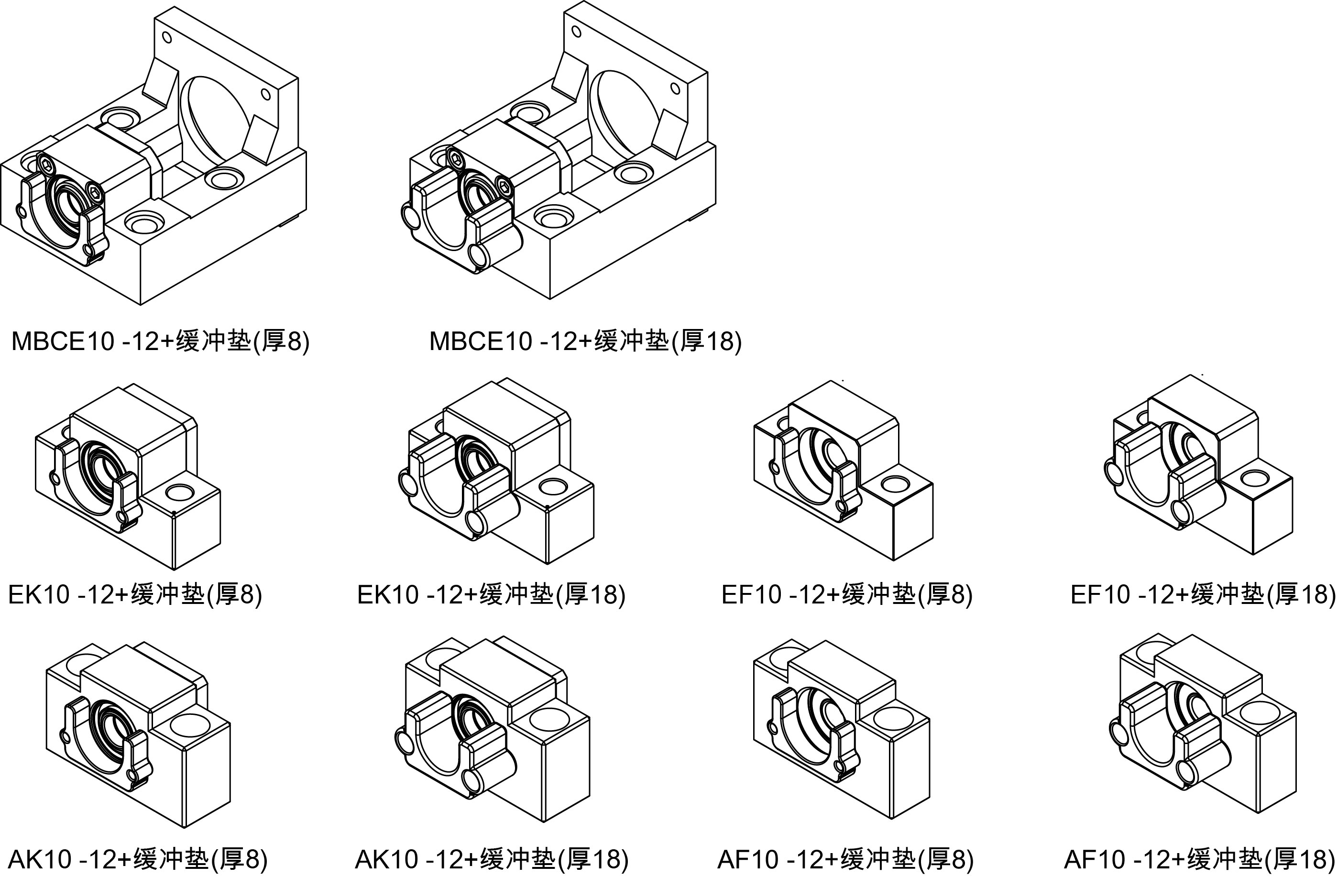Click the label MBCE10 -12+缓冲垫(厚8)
coord(160,341)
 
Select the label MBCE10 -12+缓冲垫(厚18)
coord(585,341)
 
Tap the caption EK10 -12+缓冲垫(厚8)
coord(135,594)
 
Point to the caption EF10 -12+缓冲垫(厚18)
coord(1202,594)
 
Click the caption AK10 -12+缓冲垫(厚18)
coord(492,858)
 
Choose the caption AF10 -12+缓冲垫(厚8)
coord(845,858)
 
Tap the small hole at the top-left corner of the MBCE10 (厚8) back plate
coord(166,37)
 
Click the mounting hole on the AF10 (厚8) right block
coord(893,717)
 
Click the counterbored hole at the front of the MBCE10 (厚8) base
coord(142,221)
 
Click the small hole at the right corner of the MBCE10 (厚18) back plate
coord(675,88)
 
